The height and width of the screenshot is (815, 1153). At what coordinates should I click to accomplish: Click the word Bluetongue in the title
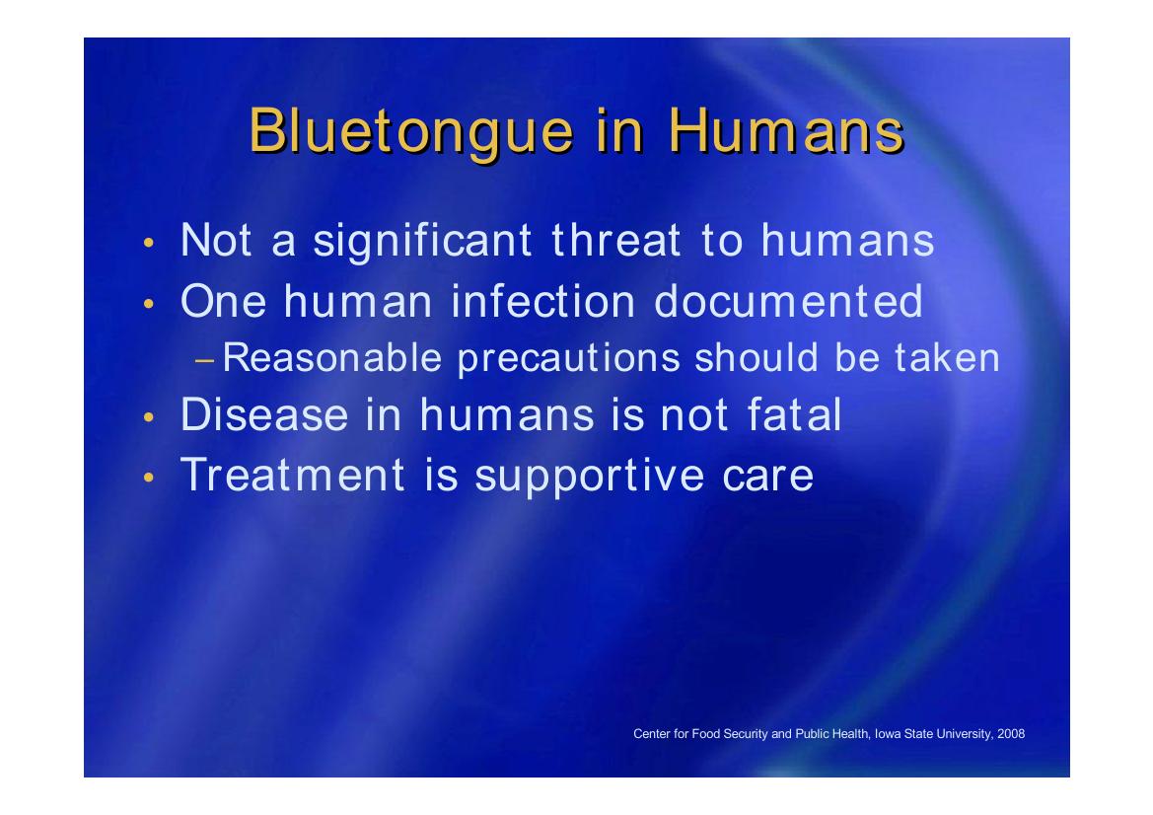[411, 131]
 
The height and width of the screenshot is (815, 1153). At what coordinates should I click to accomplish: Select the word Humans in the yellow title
[786, 130]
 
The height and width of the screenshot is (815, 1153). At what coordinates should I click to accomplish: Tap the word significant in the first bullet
[422, 243]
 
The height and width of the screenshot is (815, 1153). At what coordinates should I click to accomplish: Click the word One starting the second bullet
[223, 301]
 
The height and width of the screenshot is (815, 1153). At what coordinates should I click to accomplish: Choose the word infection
[542, 301]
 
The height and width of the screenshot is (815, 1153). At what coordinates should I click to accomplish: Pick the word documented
[788, 301]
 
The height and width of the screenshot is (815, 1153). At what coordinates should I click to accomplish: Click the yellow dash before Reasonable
[205, 360]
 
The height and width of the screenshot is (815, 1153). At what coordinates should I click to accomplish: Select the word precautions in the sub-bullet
[568, 360]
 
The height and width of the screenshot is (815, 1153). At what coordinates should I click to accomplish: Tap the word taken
[947, 357]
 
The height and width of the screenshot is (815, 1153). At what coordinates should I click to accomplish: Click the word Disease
[264, 414]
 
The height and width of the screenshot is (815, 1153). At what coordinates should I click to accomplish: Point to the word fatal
[794, 414]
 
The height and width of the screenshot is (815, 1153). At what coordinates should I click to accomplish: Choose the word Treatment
[293, 475]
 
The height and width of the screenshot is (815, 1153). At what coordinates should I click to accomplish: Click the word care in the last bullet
[767, 477]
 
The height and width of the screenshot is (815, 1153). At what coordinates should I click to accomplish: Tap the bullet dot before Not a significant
[149, 243]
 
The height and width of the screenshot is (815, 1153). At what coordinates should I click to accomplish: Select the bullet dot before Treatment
[149, 477]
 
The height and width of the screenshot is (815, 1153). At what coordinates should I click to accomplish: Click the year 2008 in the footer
[1010, 733]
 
